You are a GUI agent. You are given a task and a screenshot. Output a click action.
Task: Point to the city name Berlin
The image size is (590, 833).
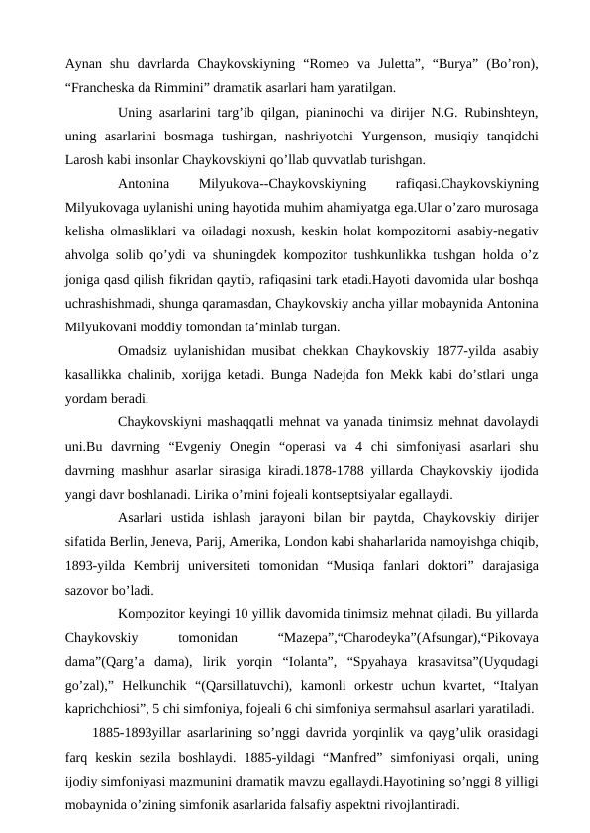click(180, 544)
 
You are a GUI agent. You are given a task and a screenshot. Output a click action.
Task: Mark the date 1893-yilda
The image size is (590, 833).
click(93, 568)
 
